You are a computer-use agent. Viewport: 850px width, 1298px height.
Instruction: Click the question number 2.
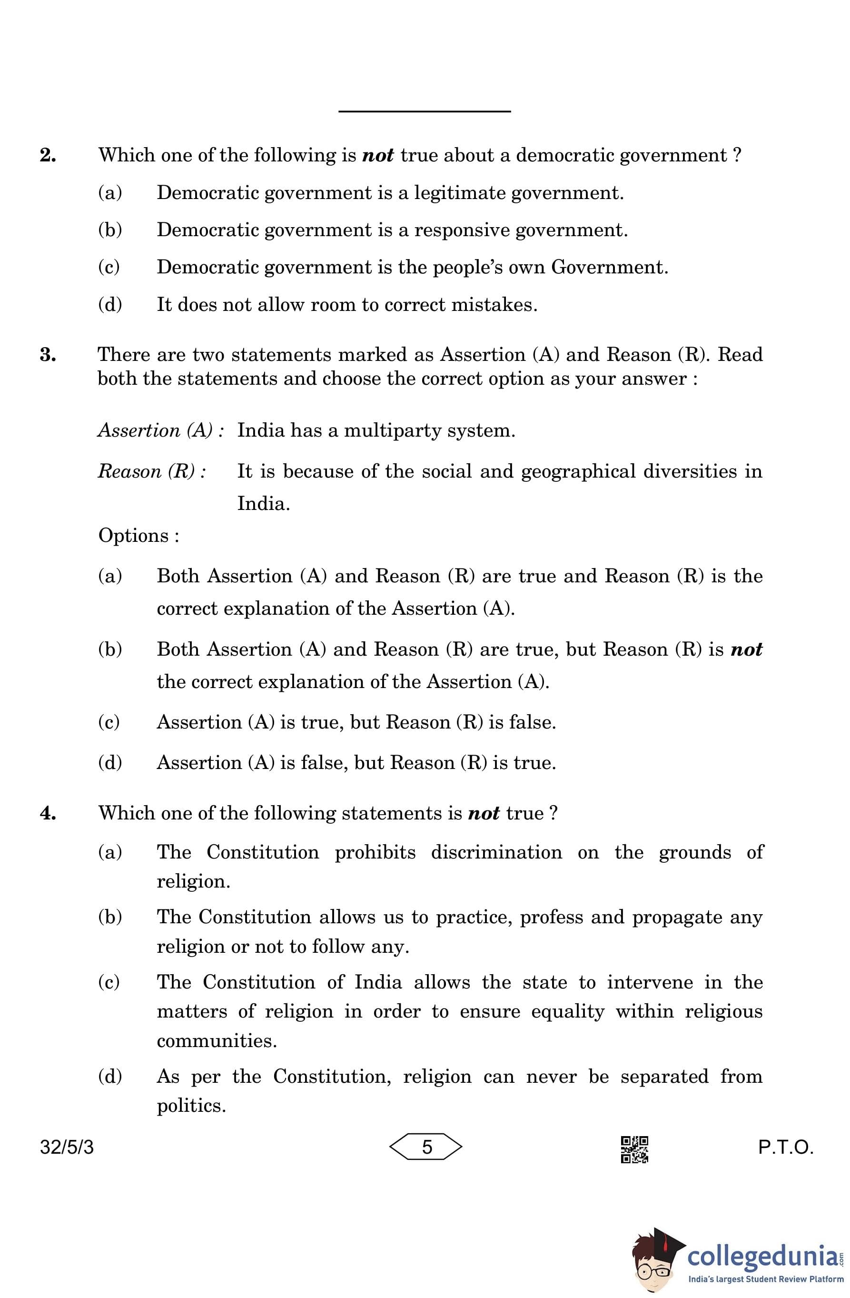tap(48, 155)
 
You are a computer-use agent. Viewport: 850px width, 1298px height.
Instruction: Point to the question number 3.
tap(48, 355)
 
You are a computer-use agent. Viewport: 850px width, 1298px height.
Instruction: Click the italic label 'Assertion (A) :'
tap(161, 430)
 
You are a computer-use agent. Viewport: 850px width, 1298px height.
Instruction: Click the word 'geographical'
tap(578, 471)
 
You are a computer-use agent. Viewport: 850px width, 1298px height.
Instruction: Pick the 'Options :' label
tap(138, 536)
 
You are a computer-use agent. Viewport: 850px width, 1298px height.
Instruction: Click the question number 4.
tap(48, 813)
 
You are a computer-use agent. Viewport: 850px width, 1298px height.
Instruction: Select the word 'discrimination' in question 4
tap(496, 852)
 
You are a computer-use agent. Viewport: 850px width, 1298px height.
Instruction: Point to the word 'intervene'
tap(650, 982)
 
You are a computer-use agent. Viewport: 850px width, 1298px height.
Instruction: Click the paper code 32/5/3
tap(67, 1148)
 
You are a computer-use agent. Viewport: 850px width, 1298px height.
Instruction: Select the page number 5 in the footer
tap(426, 1148)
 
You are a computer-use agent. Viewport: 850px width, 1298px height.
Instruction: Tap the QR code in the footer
tap(634, 1149)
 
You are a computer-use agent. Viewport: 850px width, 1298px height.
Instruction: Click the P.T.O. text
tap(785, 1148)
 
